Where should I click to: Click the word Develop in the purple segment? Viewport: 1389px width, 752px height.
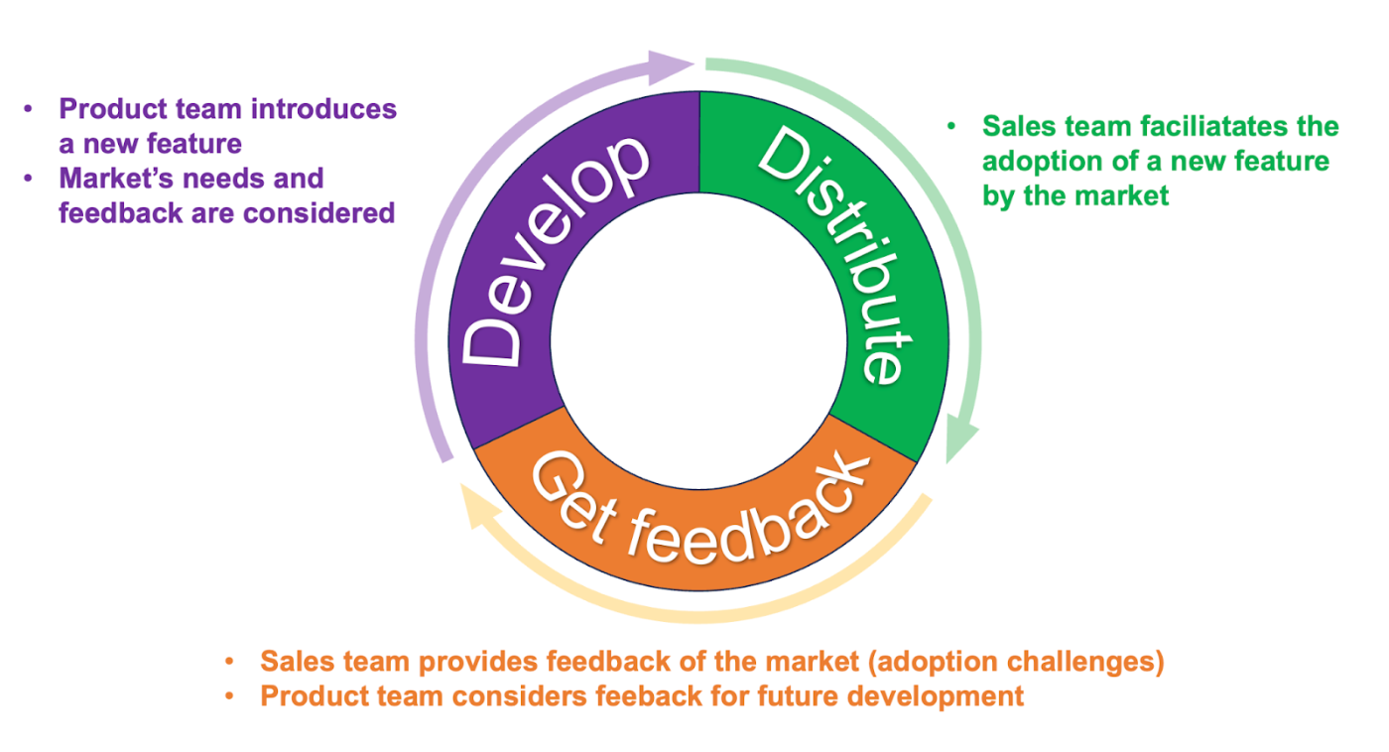tap(556, 253)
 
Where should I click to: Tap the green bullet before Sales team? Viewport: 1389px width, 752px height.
tap(952, 127)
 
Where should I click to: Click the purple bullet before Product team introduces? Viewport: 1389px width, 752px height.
tap(29, 109)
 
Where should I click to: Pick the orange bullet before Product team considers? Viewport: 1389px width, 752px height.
tap(230, 696)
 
